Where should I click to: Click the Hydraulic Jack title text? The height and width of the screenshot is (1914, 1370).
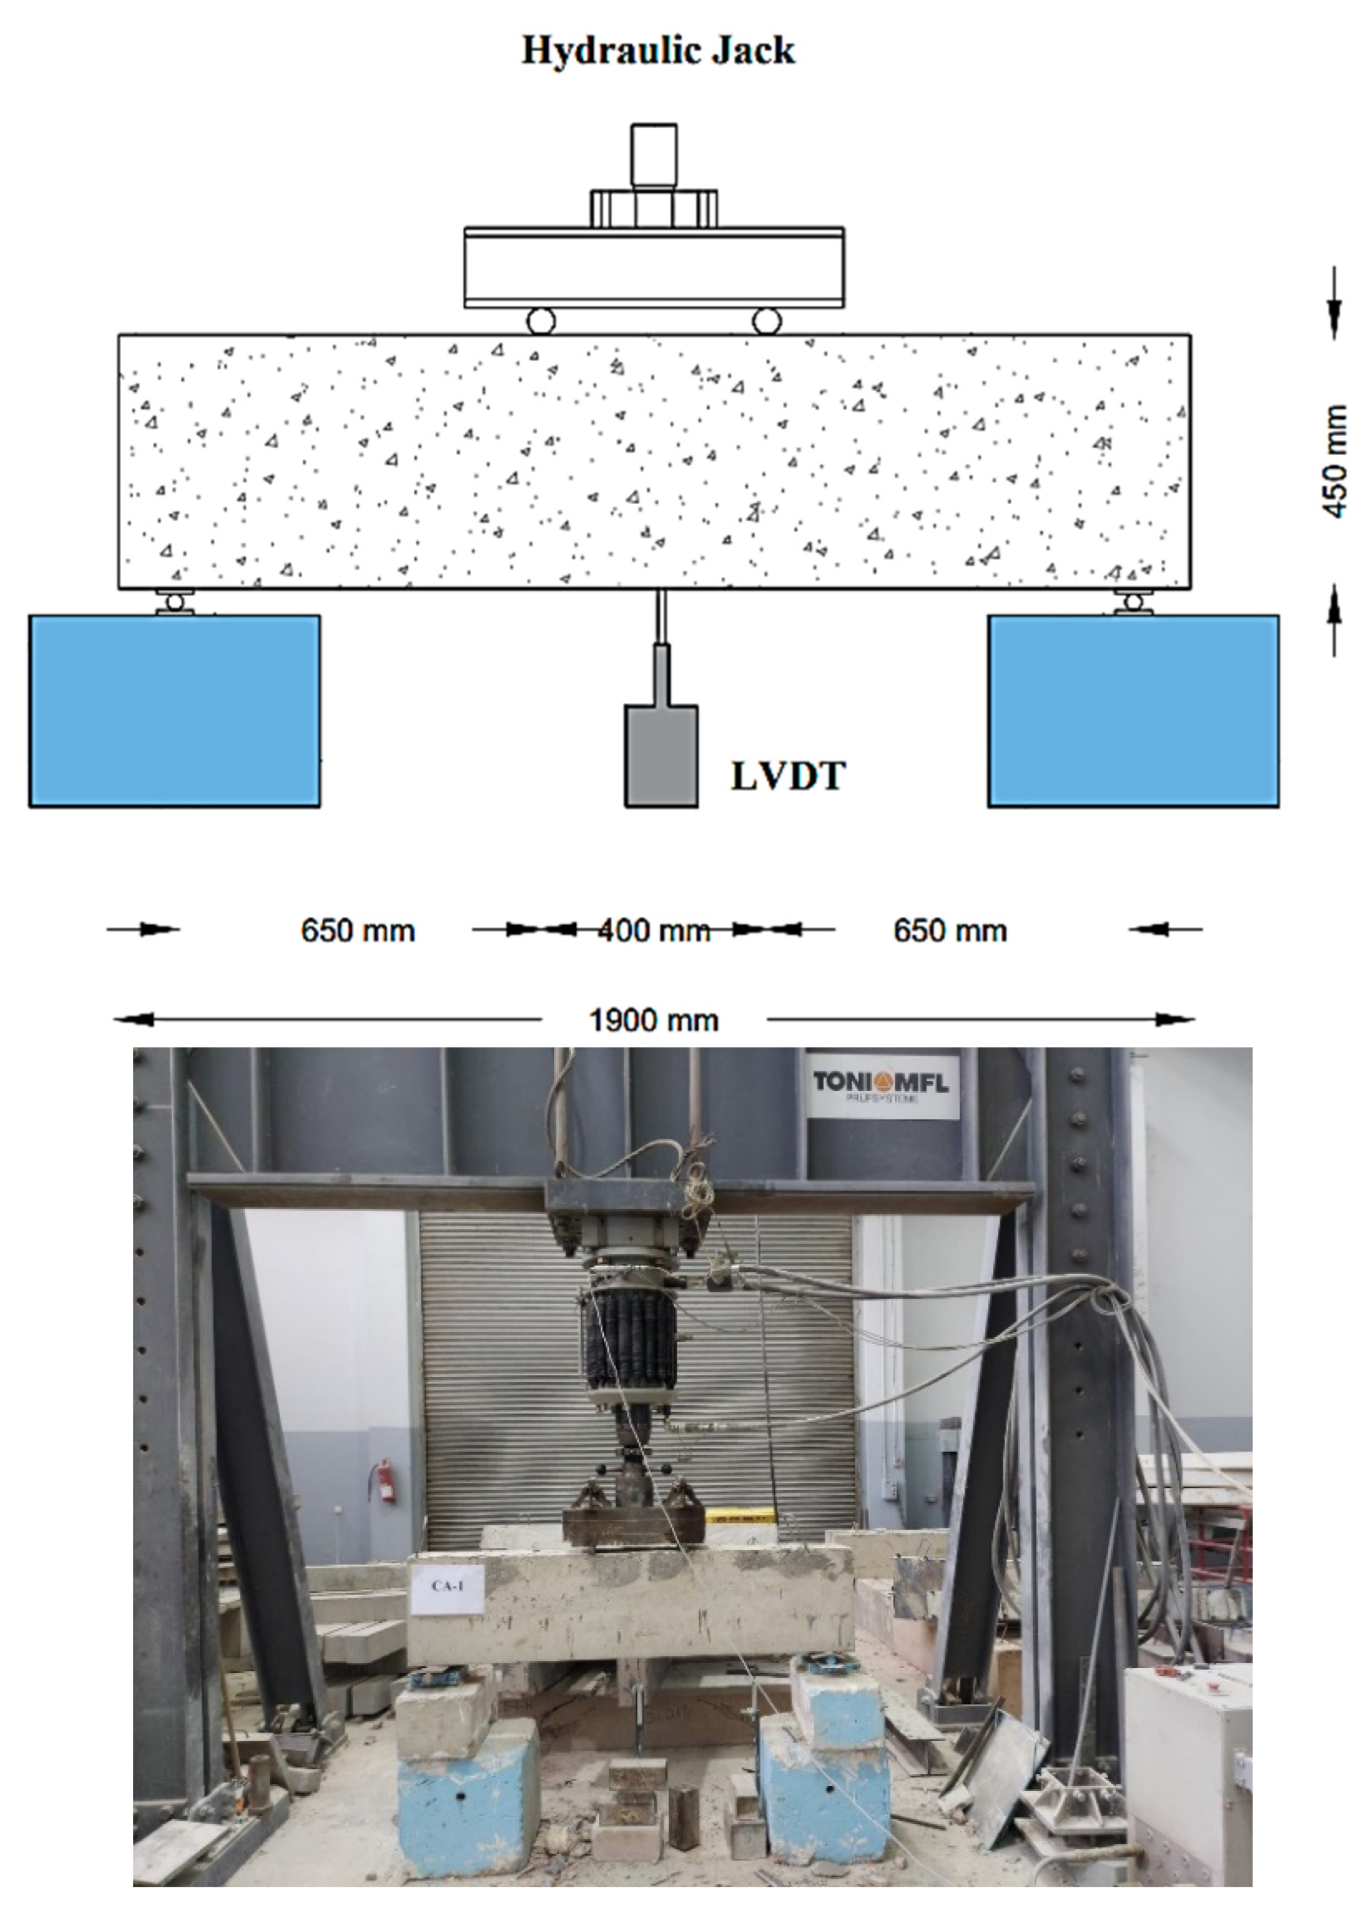[658, 50]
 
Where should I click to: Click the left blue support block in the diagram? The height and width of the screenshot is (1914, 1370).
[175, 711]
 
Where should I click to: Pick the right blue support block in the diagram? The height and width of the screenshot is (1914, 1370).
[1133, 711]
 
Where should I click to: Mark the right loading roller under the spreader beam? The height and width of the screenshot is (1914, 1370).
[767, 321]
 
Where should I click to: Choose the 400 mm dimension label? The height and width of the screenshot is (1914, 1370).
[654, 931]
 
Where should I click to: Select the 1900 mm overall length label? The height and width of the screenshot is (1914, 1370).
[654, 1020]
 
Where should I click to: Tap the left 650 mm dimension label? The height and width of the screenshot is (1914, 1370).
[358, 931]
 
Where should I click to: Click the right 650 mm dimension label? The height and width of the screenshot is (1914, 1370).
[950, 931]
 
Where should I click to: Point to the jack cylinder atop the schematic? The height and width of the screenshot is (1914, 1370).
[654, 156]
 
